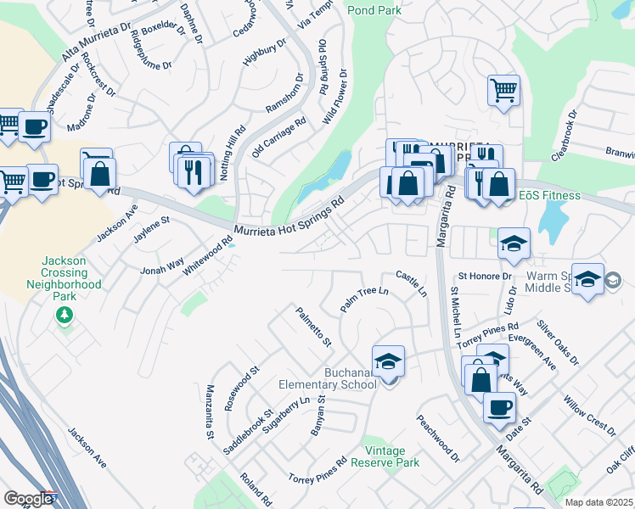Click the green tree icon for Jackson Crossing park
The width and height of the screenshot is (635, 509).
64,316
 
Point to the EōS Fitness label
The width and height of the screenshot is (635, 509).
550,196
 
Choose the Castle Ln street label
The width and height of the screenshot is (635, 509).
411,283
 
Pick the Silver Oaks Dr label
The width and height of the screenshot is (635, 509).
557,343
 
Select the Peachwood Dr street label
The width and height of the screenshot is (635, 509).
437,439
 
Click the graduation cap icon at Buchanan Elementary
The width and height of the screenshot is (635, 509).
388,361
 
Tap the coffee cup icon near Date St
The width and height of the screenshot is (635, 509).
499,406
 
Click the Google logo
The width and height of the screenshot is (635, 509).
29,498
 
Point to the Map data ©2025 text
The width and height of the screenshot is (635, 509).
598,502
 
